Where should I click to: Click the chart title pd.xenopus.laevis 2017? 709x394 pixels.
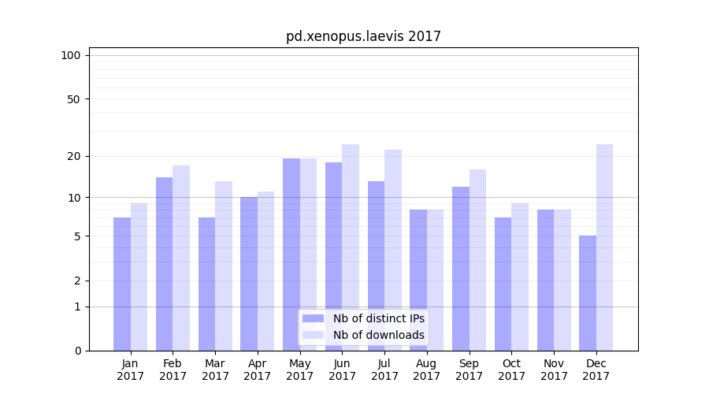(363, 36)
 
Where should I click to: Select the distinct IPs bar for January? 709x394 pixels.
(122, 284)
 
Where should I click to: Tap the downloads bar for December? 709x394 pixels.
(605, 247)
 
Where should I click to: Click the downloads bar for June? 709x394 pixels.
(351, 247)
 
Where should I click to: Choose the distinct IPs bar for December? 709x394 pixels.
(588, 293)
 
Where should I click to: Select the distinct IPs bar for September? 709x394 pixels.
(461, 268)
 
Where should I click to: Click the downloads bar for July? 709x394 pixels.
(393, 250)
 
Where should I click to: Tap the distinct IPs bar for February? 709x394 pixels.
(164, 264)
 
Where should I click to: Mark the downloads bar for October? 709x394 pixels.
(520, 277)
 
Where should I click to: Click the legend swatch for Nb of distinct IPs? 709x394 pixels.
(314, 318)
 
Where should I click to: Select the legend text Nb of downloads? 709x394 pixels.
(378, 335)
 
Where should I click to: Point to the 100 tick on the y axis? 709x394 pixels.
(71, 55)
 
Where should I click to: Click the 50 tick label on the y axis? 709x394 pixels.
(74, 99)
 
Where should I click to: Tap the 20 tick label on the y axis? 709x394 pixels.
(74, 156)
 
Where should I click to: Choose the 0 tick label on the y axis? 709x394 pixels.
(77, 351)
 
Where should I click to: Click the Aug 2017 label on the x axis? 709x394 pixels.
(427, 370)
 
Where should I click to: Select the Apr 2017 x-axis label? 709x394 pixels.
(258, 370)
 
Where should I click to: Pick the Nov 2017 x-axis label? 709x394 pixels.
(554, 370)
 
